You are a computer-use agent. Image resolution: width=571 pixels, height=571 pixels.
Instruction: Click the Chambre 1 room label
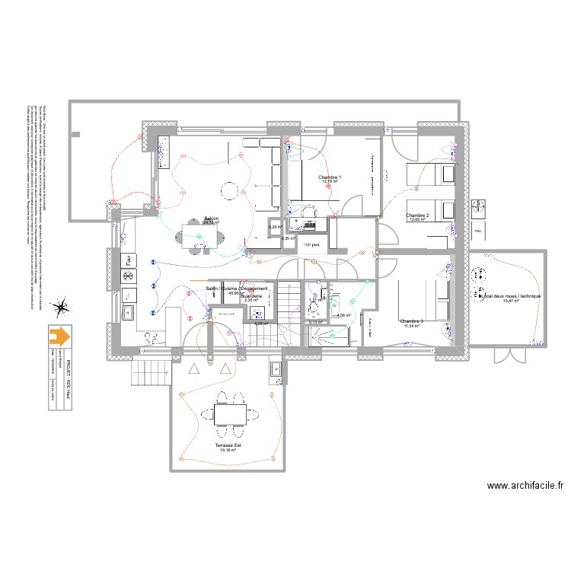(330, 177)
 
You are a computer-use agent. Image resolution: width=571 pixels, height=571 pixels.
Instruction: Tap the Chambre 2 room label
(417, 215)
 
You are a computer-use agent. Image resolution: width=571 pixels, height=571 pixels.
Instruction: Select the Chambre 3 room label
(411, 321)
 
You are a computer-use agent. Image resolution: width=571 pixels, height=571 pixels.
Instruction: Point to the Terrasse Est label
(228, 445)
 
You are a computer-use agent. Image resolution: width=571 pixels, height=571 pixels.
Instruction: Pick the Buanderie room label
(251, 295)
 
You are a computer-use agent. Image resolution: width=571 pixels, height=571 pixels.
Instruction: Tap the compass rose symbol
(59, 308)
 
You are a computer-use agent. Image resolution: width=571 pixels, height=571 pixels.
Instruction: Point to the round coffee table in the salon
(230, 190)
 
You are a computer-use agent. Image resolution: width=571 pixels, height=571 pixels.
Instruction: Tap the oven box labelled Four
(129, 294)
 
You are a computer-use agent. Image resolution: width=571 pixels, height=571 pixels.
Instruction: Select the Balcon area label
(211, 219)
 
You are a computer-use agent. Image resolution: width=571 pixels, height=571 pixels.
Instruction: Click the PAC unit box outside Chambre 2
(478, 230)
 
